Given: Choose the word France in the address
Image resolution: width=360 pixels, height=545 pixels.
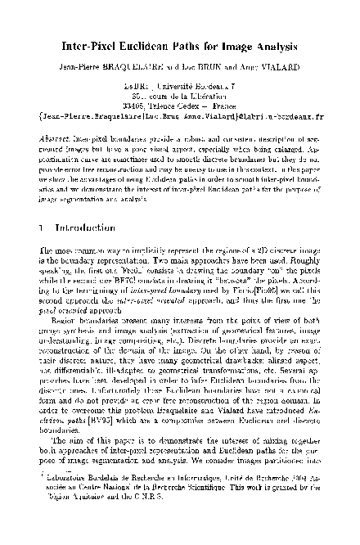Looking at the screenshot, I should (227, 106).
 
